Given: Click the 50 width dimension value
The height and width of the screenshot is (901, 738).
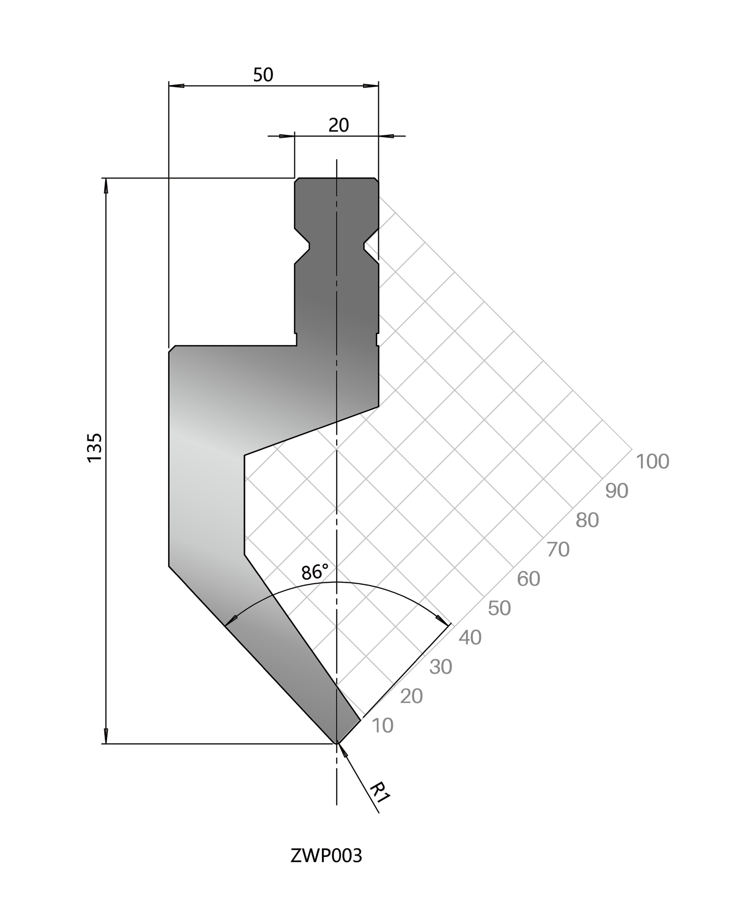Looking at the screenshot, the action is coord(263,75).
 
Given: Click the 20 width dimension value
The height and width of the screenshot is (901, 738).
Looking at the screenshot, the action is coord(339,125).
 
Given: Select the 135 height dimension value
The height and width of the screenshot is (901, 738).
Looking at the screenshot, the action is coord(95,447).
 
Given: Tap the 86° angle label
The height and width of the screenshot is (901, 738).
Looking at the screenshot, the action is coord(315,572).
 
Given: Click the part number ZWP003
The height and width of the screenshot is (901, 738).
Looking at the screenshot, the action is coord(326,855).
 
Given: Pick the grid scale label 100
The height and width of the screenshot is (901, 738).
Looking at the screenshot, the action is coord(652,461).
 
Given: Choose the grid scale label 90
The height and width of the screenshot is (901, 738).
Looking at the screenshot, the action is coord(617,491).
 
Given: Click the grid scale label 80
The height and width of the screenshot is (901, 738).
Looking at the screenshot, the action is coord(587,520).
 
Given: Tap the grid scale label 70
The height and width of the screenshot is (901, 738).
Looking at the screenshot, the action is coord(558,549).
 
